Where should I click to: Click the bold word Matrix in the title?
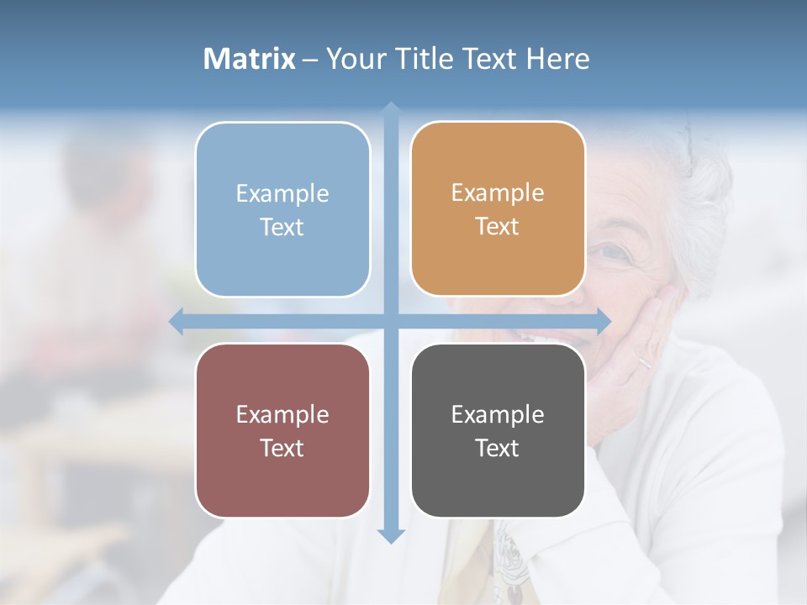250,59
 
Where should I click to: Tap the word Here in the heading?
557,59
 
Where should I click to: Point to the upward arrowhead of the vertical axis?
391,109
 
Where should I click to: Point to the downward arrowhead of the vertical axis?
391,535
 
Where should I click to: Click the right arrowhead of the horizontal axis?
603,321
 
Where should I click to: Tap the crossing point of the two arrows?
391,321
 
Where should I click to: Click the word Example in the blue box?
282,194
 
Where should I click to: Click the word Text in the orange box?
498,227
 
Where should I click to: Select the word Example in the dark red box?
282,415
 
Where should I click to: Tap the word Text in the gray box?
498,449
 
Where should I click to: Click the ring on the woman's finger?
643,363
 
